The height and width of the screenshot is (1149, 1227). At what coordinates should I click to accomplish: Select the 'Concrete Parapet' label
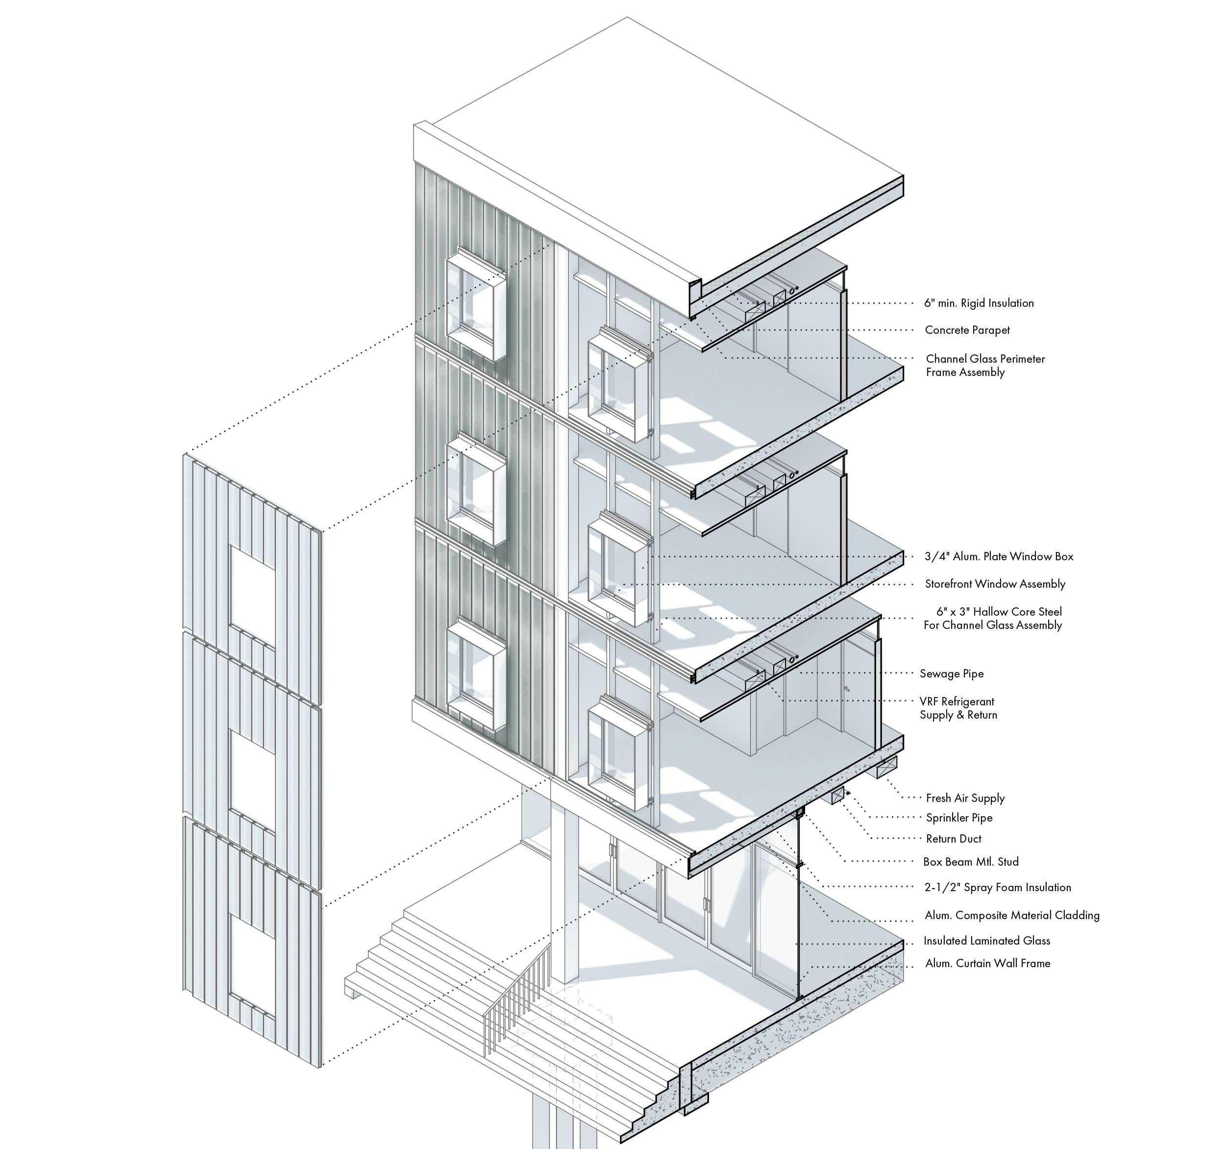(967, 330)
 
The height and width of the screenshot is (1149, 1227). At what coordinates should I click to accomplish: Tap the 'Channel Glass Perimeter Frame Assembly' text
(985, 366)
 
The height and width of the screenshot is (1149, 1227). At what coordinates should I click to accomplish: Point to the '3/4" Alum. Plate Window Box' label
(999, 557)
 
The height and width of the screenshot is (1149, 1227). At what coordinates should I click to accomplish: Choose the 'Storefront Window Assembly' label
(995, 584)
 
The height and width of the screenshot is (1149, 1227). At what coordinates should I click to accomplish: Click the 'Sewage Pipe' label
(951, 674)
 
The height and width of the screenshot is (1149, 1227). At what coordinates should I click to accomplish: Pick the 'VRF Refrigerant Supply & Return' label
(958, 708)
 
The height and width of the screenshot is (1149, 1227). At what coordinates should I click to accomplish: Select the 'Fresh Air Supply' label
(965, 799)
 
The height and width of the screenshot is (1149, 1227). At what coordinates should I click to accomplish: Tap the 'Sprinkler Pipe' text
(959, 818)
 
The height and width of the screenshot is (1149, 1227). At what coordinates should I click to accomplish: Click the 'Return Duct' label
(954, 839)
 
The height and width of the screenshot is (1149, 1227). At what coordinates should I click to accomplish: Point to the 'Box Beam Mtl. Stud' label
(971, 862)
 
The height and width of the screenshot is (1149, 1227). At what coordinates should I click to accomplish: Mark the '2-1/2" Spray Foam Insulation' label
(997, 888)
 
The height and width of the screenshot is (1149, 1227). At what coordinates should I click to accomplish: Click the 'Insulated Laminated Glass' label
(986, 941)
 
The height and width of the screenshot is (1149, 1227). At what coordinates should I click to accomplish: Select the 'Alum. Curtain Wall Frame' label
(987, 963)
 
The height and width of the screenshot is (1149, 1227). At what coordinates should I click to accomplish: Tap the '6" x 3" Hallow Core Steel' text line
(999, 612)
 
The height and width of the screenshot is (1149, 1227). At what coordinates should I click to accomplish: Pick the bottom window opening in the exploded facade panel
(252, 963)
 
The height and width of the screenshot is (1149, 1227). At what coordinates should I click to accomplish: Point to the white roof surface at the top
(654, 142)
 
